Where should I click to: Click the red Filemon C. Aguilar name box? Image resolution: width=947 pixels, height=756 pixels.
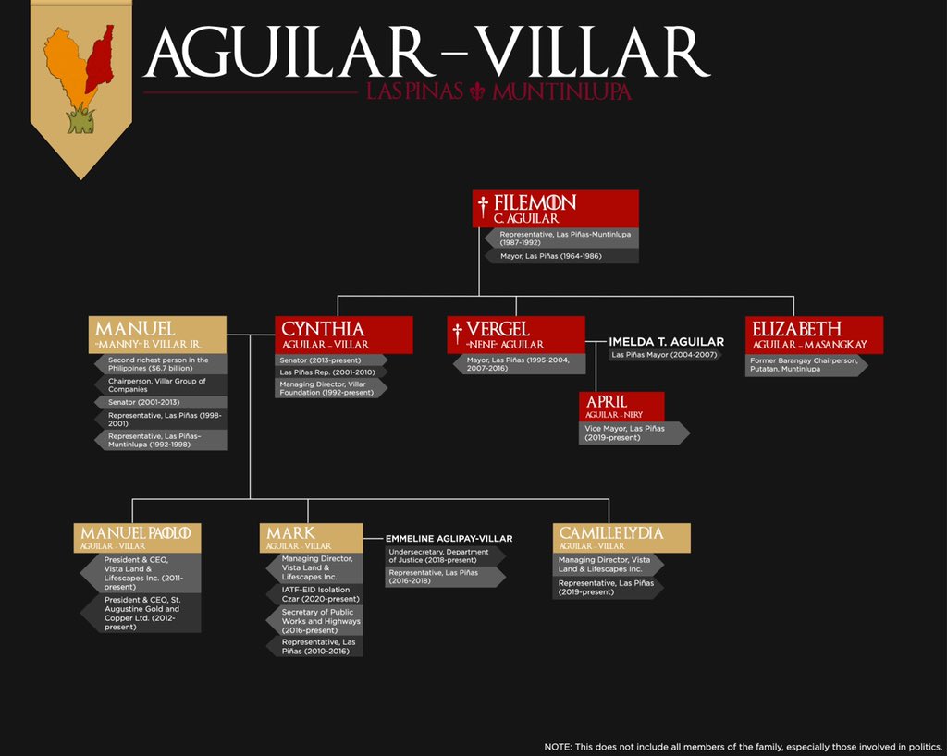(x=555, y=209)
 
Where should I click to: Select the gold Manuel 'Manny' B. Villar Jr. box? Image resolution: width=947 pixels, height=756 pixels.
(x=158, y=335)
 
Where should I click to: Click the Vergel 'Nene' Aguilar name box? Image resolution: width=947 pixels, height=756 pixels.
(x=516, y=335)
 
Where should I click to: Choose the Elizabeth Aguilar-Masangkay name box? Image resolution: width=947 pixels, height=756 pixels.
(x=814, y=335)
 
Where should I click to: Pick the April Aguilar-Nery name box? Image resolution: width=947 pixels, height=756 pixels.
(x=621, y=407)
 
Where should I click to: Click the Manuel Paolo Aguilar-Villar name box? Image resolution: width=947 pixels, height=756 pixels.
(x=137, y=538)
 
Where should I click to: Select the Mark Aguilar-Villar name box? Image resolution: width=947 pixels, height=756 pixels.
(x=311, y=538)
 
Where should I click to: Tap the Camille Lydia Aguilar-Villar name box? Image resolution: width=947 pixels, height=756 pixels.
(x=621, y=538)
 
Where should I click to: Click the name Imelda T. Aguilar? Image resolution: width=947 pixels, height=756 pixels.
(x=666, y=342)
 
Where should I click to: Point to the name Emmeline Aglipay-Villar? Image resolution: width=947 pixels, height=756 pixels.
(x=449, y=538)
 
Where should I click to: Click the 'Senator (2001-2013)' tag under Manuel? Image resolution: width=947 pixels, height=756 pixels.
(x=160, y=403)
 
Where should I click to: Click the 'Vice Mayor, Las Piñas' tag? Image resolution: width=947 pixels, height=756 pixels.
(x=633, y=433)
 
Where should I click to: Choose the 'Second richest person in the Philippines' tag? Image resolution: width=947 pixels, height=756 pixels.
(x=160, y=364)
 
